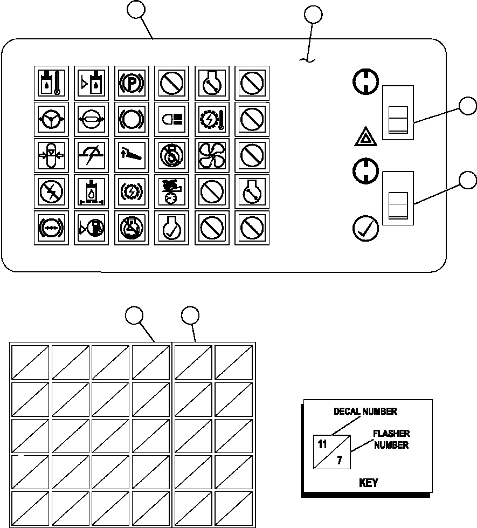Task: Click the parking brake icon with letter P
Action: pyautogui.click(x=132, y=83)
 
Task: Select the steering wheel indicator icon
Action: pyautogui.click(x=51, y=119)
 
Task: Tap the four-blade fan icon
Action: pyautogui.click(x=212, y=155)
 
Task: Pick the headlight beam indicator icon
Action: pyautogui.click(x=172, y=119)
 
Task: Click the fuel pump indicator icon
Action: pyautogui.click(x=91, y=228)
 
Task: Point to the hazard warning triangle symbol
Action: pyautogui.click(x=365, y=136)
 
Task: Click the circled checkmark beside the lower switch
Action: pyautogui.click(x=365, y=228)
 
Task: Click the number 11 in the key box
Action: pyautogui.click(x=322, y=444)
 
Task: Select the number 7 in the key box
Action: pyautogui.click(x=340, y=460)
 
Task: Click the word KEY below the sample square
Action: pyautogui.click(x=368, y=483)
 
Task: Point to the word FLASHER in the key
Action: pyautogui.click(x=391, y=434)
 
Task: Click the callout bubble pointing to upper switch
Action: pyautogui.click(x=468, y=106)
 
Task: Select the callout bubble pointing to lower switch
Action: pyautogui.click(x=468, y=180)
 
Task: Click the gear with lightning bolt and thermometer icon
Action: pyautogui.click(x=212, y=119)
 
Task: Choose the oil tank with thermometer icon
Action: pyautogui.click(x=51, y=83)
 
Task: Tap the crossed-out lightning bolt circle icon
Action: pyautogui.click(x=51, y=191)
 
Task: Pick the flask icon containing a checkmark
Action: pyautogui.click(x=172, y=228)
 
